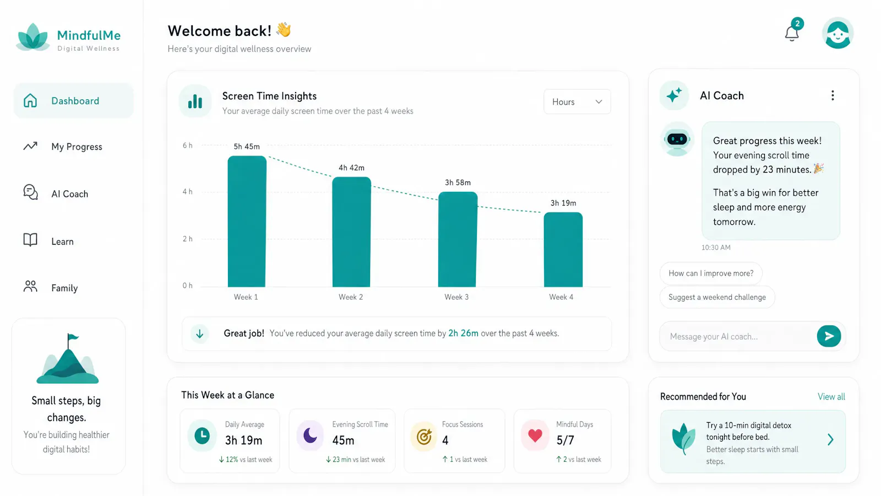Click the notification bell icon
792,33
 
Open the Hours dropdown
577,101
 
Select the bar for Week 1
247,221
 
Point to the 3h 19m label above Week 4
563,203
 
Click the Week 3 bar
458,239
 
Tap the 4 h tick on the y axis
188,192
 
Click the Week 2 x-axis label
351,297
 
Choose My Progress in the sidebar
77,147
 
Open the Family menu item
64,288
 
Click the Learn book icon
30,240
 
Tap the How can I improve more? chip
711,273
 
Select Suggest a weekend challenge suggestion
717,297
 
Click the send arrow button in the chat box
829,336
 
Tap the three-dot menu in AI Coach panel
833,95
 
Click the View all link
831,396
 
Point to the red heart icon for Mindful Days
535,435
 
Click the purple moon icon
310,435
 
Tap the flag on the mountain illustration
72,337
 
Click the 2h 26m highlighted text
463,333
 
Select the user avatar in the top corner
838,33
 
